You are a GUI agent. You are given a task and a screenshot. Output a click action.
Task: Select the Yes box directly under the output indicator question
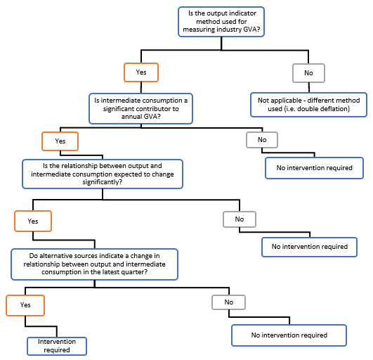coord(140,72)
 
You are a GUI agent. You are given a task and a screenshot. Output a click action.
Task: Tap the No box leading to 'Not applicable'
coord(308,72)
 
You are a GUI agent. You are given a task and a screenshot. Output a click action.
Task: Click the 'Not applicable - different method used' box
coord(308,105)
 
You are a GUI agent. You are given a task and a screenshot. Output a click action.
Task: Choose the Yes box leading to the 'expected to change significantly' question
coord(60,141)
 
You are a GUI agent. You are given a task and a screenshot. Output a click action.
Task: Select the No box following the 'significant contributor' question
coord(262,140)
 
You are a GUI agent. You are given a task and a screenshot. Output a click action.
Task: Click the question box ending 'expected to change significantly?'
coord(103,173)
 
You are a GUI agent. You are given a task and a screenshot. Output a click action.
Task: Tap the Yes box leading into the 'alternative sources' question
coord(33,220)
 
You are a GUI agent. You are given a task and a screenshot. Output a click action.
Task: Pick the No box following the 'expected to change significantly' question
coord(240,219)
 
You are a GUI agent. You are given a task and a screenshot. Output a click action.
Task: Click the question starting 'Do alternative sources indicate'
coord(94,263)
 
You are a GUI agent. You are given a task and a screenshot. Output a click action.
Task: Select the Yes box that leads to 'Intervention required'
coord(25,305)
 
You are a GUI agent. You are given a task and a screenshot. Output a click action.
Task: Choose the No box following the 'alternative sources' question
coord(229,302)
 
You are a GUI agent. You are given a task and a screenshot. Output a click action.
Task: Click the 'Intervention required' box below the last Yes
coord(57,345)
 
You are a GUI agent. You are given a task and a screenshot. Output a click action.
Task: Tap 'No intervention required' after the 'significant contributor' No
coord(313,169)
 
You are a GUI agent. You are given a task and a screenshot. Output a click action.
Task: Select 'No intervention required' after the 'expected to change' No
coord(309,247)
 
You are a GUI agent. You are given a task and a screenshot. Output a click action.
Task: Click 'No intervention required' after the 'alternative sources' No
coord(289,335)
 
